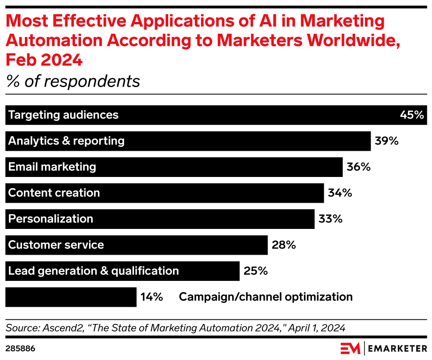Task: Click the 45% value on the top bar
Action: pos(412,115)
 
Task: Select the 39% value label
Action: pos(387,141)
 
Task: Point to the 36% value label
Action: pos(358,167)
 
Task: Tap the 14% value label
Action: pos(151,297)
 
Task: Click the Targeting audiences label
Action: pos(63,115)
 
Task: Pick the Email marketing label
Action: pos(52,167)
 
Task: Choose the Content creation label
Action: pos(54,193)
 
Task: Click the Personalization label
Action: pos(51,219)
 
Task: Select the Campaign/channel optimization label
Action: pos(266,297)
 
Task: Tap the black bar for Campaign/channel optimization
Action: pos(71,297)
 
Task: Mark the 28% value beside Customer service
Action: pos(283,245)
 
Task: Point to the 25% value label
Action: pos(255,271)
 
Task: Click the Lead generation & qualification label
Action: pos(93,271)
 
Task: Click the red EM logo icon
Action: pos(350,348)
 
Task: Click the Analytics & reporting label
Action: pos(66,141)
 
